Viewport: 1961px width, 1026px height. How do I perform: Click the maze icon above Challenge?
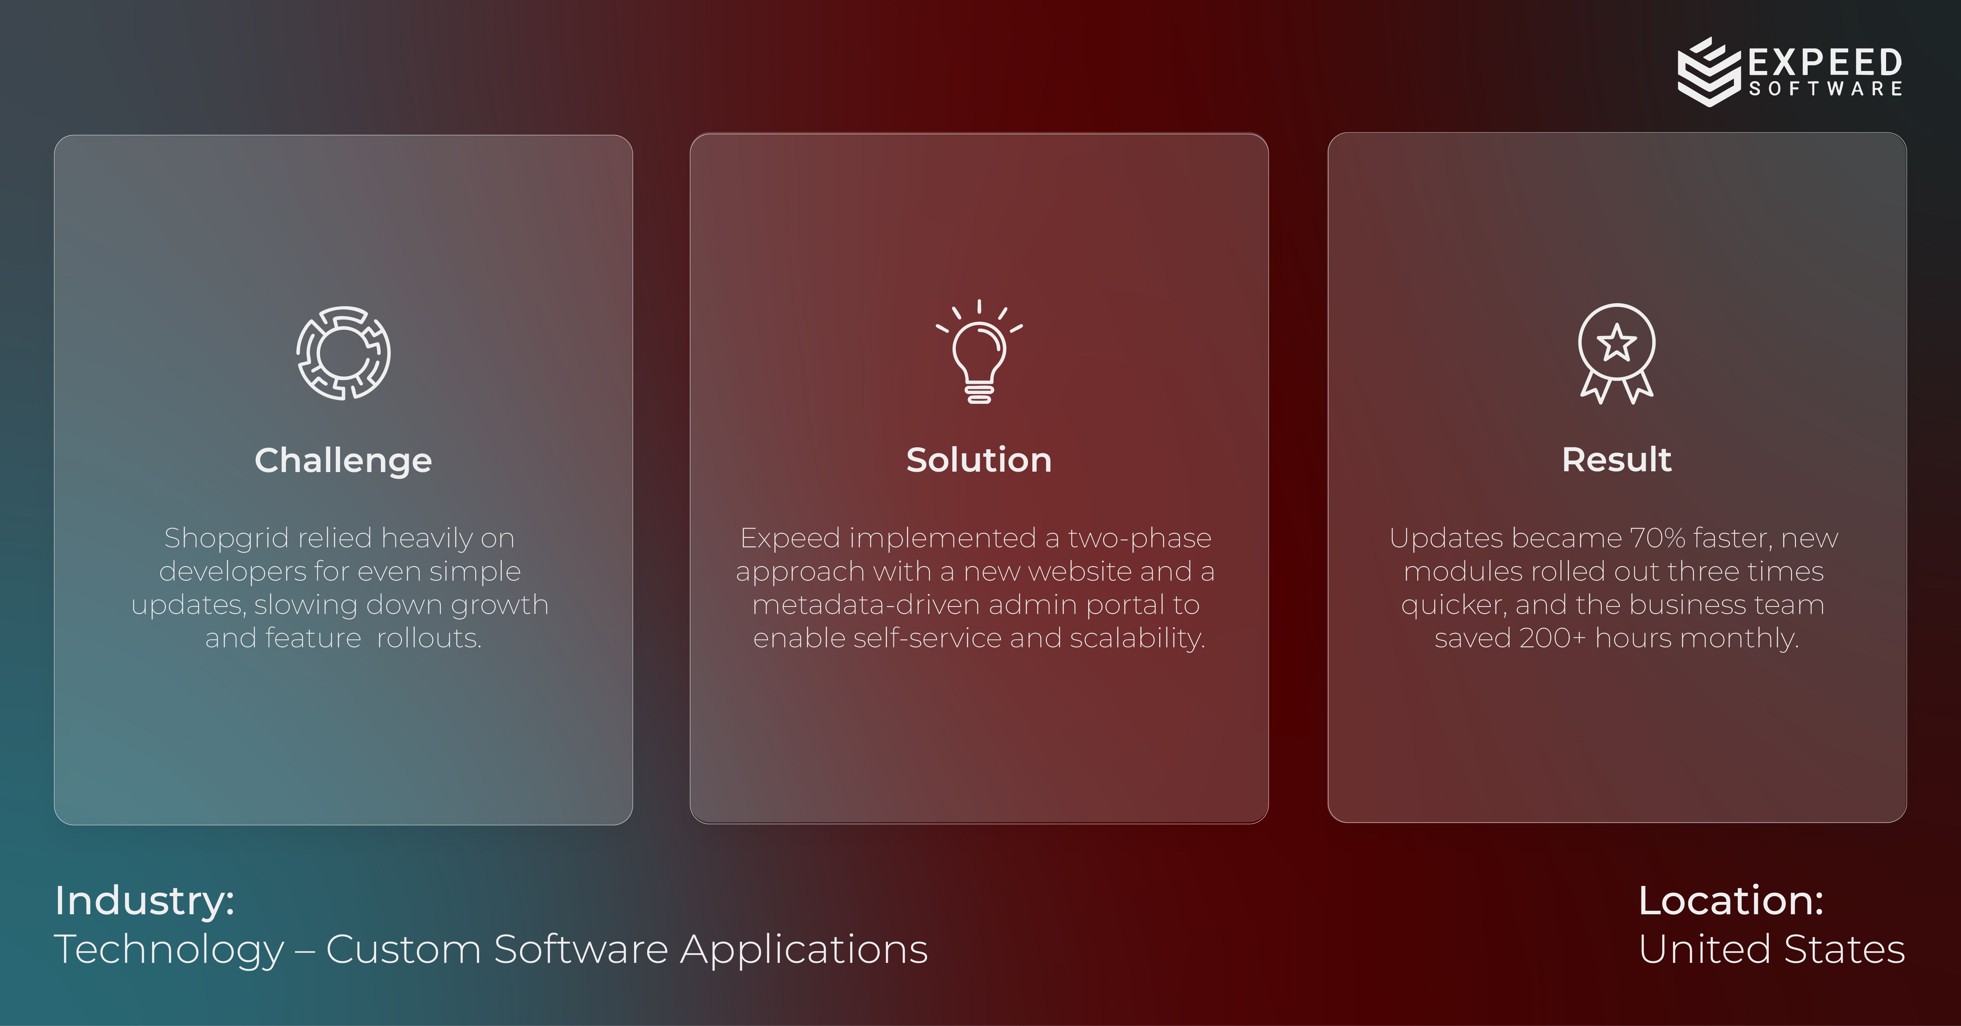(343, 353)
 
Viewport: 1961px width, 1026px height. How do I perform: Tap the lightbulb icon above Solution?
(979, 352)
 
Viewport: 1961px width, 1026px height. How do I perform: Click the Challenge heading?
(343, 461)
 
